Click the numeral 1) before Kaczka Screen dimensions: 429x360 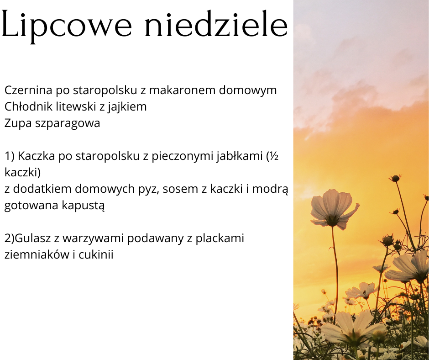coord(10,156)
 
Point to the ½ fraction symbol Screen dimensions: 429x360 coord(274,156)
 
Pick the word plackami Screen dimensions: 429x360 coord(220,238)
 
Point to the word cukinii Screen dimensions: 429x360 coord(96,255)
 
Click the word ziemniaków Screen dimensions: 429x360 coord(37,255)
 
